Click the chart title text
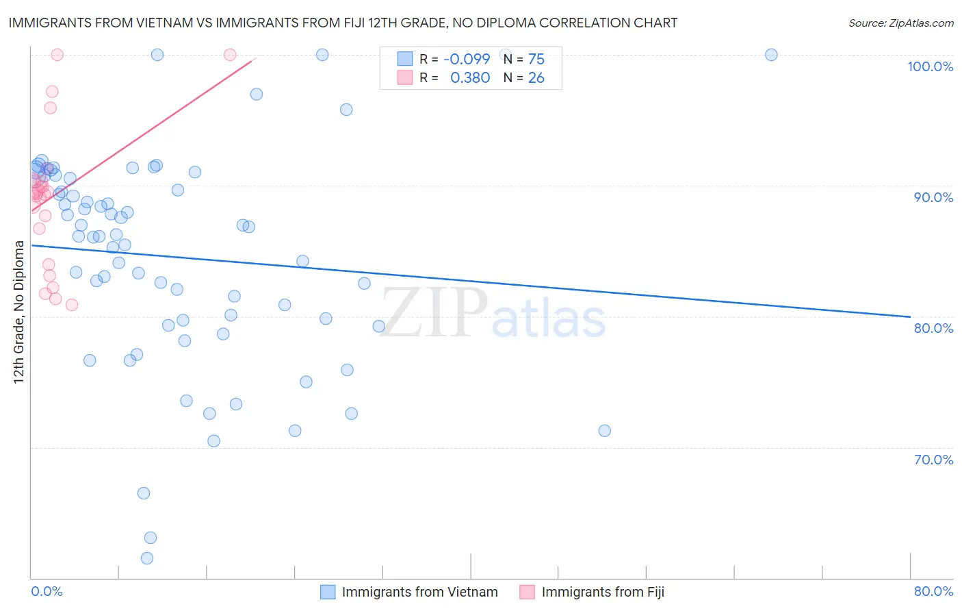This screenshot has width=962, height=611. (343, 23)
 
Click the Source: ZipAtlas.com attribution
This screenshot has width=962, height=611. (900, 23)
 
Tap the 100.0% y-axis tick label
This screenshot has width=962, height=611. (930, 66)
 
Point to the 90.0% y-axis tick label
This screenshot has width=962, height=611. (933, 197)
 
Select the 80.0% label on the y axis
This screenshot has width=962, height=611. (933, 328)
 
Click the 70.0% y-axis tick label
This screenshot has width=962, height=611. (933, 460)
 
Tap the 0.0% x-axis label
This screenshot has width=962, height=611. (47, 591)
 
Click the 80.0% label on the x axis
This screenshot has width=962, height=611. (933, 591)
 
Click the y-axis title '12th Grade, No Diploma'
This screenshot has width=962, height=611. (19, 312)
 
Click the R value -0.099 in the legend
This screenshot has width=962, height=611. (467, 59)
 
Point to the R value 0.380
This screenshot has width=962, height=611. (470, 78)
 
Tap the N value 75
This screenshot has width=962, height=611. (536, 59)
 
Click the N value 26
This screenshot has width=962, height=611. (536, 78)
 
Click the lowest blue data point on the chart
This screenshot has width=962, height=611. (147, 558)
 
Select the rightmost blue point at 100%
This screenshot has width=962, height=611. (771, 55)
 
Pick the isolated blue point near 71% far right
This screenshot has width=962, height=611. (604, 431)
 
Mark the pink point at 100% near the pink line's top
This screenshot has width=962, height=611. (230, 55)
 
